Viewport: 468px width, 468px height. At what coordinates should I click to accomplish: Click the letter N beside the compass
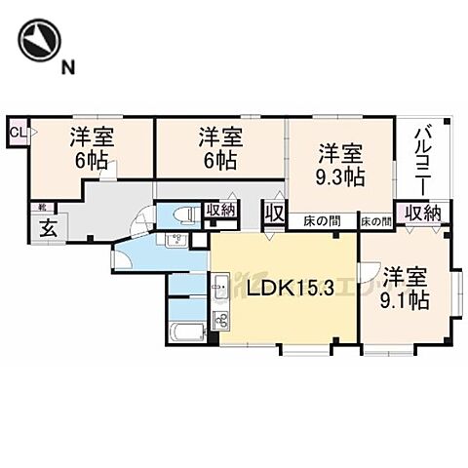coord(68,66)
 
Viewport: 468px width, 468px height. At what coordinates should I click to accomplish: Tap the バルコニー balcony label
coord(423,161)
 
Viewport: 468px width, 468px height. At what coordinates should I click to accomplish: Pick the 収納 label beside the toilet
coord(219,211)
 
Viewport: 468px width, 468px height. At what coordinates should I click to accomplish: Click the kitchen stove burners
coord(220,321)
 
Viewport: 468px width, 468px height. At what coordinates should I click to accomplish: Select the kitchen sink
coord(220,289)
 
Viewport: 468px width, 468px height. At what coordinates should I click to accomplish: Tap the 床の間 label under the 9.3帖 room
coord(321,221)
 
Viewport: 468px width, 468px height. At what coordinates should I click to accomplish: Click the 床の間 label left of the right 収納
coord(375,221)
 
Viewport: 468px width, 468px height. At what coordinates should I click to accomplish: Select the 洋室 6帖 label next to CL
coord(92,148)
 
